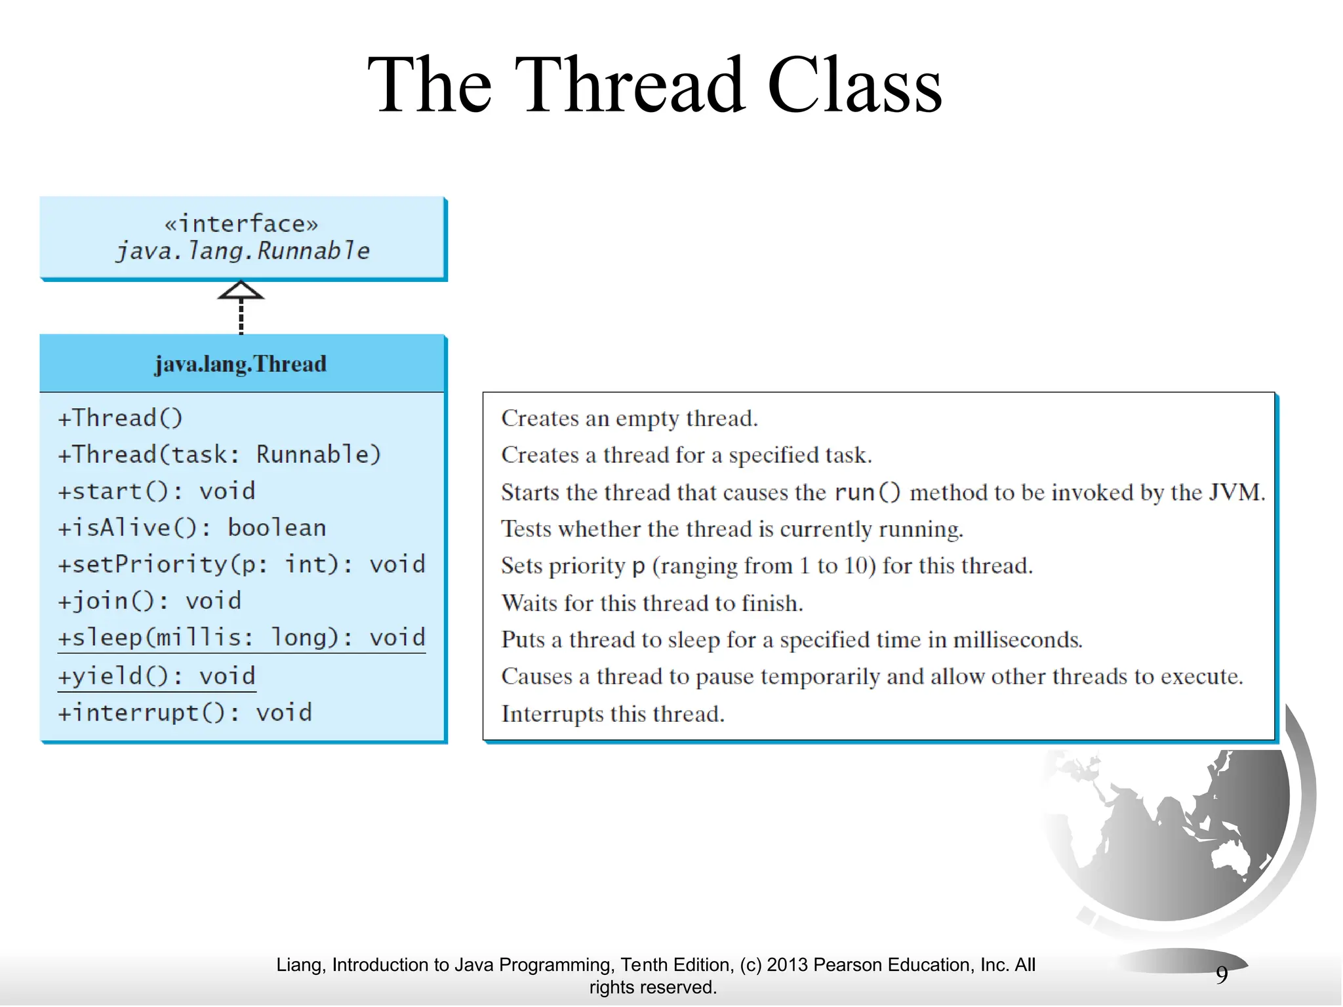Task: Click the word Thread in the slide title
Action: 634,85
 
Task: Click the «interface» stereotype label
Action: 241,224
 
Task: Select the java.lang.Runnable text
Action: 243,251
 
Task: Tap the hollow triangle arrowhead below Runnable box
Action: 241,290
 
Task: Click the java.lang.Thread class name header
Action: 241,364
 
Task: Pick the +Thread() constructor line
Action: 121,418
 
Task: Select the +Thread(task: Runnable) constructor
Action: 220,454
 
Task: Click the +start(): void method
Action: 157,491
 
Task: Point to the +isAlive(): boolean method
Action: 192,528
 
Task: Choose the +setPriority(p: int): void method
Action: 242,564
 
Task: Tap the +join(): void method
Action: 150,601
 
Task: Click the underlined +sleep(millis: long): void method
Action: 242,638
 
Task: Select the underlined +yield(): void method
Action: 157,676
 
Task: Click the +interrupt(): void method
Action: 185,713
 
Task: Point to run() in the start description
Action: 868,492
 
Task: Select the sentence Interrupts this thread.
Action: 613,714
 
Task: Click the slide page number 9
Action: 1221,975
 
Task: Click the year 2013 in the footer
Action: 787,965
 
